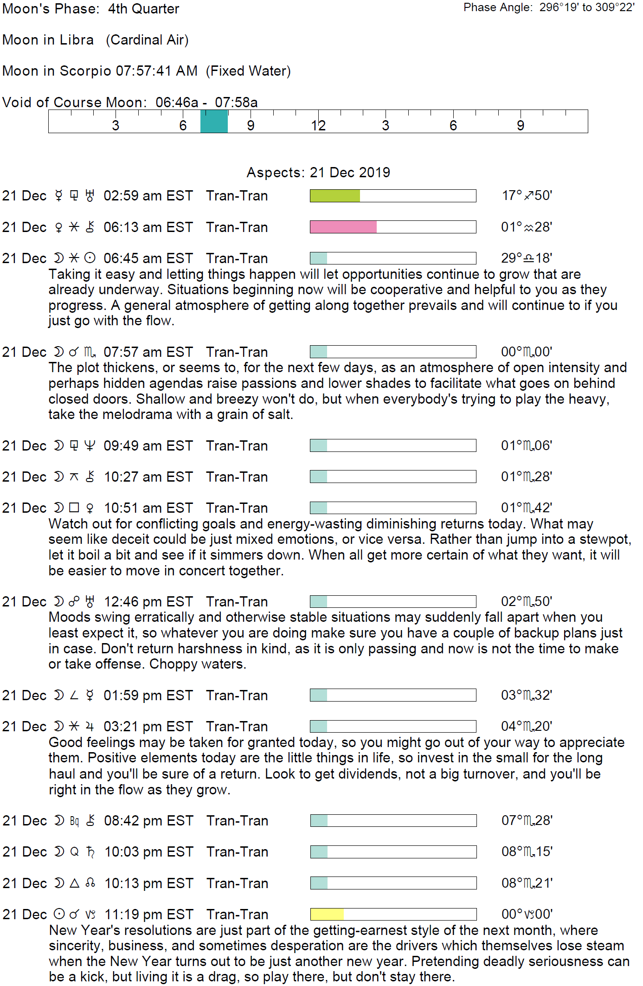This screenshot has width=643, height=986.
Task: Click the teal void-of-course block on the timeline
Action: point(214,122)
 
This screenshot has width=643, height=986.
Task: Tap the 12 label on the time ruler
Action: point(318,125)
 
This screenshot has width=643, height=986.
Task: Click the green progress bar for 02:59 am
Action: point(335,196)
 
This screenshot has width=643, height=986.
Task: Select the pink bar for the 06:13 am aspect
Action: point(343,227)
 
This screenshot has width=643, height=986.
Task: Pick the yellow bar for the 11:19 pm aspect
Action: point(327,914)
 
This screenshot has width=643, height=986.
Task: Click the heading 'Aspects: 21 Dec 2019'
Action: point(318,173)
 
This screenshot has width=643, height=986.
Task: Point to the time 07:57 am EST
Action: point(148,352)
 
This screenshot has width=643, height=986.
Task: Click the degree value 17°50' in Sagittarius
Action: point(527,195)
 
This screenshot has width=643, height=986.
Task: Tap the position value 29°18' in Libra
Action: point(527,258)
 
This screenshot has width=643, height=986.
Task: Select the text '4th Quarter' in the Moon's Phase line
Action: point(143,9)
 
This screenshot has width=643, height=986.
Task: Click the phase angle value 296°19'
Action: point(559,7)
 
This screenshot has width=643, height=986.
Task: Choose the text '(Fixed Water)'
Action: point(248,71)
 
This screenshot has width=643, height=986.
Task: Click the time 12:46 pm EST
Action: point(148,602)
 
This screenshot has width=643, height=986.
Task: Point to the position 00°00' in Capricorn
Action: point(527,914)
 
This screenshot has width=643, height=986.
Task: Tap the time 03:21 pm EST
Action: point(148,727)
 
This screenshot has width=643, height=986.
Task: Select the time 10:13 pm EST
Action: point(149,883)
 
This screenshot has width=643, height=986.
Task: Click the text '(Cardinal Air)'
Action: point(147,40)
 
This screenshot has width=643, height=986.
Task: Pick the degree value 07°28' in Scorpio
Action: point(527,820)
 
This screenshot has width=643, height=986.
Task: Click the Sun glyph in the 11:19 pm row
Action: point(59,914)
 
